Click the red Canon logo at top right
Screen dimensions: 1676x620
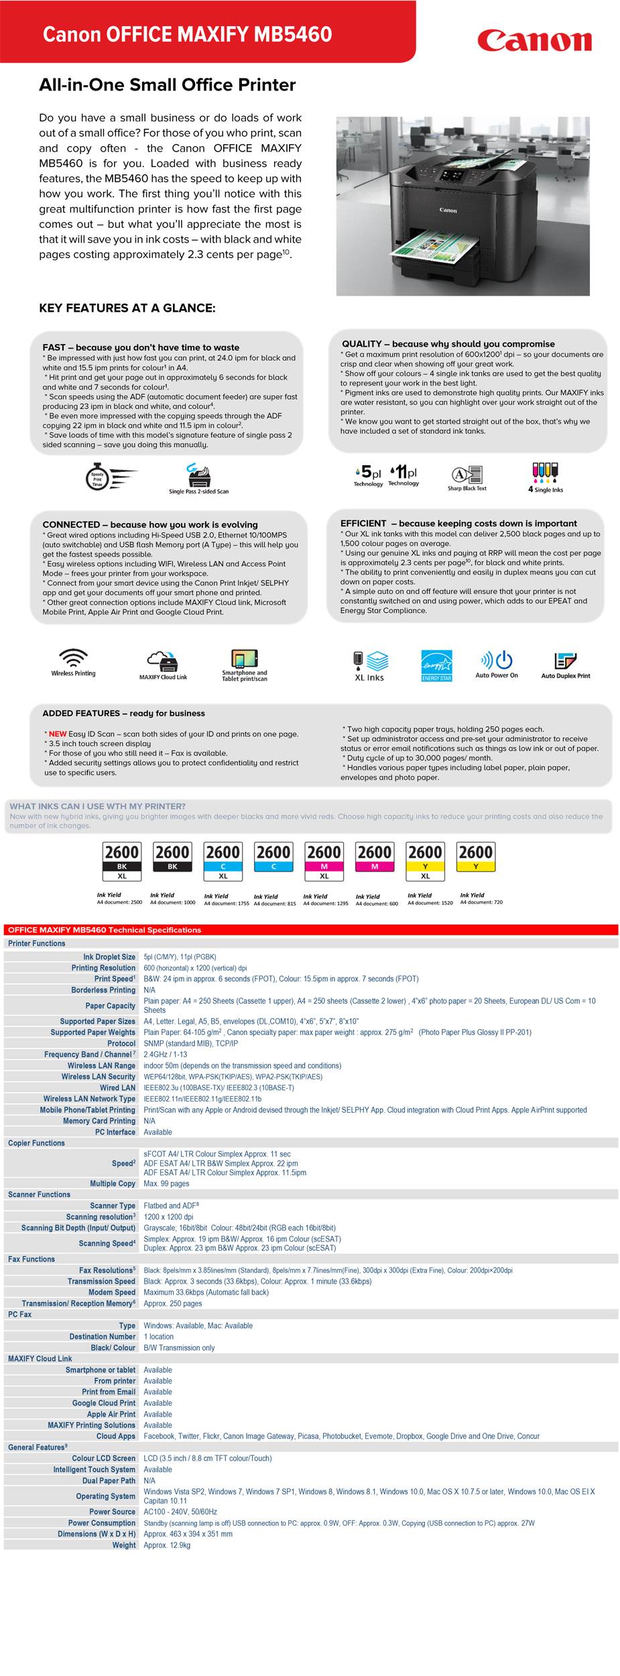[x=534, y=41]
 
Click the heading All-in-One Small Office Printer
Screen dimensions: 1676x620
[x=167, y=85]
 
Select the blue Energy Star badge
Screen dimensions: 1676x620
[x=436, y=665]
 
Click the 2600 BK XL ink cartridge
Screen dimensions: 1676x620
[x=122, y=861]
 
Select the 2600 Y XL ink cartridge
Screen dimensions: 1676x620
[x=425, y=861]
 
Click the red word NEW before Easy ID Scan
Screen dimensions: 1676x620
[x=58, y=734]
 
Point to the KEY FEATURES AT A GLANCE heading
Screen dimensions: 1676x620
[x=127, y=308]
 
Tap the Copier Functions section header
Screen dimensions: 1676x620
[x=36, y=1143]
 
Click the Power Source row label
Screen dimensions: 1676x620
[x=112, y=1512]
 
